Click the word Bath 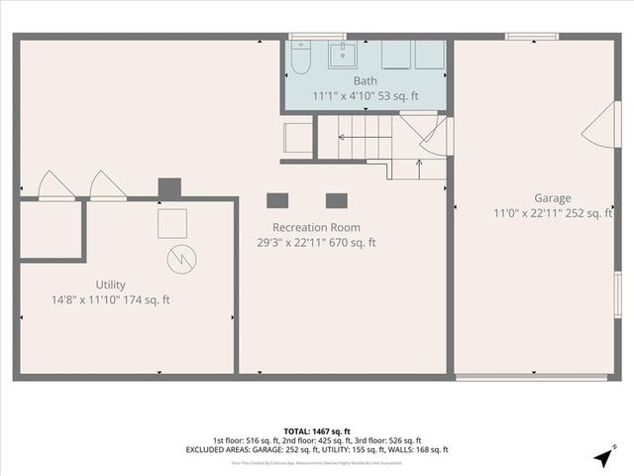pyautogui.click(x=365, y=81)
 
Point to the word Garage pyautogui.click(x=553, y=198)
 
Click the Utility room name pyautogui.click(x=110, y=285)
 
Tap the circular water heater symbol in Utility pyautogui.click(x=182, y=260)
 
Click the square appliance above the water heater pyautogui.click(x=172, y=223)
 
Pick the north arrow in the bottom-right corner pyautogui.click(x=603, y=457)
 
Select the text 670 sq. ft pyautogui.click(x=355, y=243)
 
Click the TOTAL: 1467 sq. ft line pyautogui.click(x=317, y=431)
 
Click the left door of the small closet pyautogui.click(x=54, y=186)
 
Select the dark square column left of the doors pyautogui.click(x=169, y=187)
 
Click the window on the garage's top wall pyautogui.click(x=524, y=38)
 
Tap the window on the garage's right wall pyautogui.click(x=617, y=295)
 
